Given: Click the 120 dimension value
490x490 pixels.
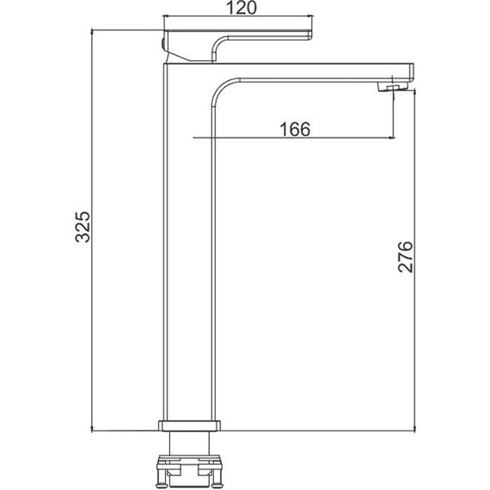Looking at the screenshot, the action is point(241,8).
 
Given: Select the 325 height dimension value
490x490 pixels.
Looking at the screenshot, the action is point(83,227).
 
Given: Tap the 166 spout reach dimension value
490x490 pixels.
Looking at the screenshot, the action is point(295,129).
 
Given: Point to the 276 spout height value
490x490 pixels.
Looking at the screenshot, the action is point(405,257).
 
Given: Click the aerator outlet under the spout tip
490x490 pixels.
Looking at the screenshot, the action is point(393,87).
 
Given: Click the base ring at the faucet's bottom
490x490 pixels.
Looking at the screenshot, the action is point(189,426).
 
